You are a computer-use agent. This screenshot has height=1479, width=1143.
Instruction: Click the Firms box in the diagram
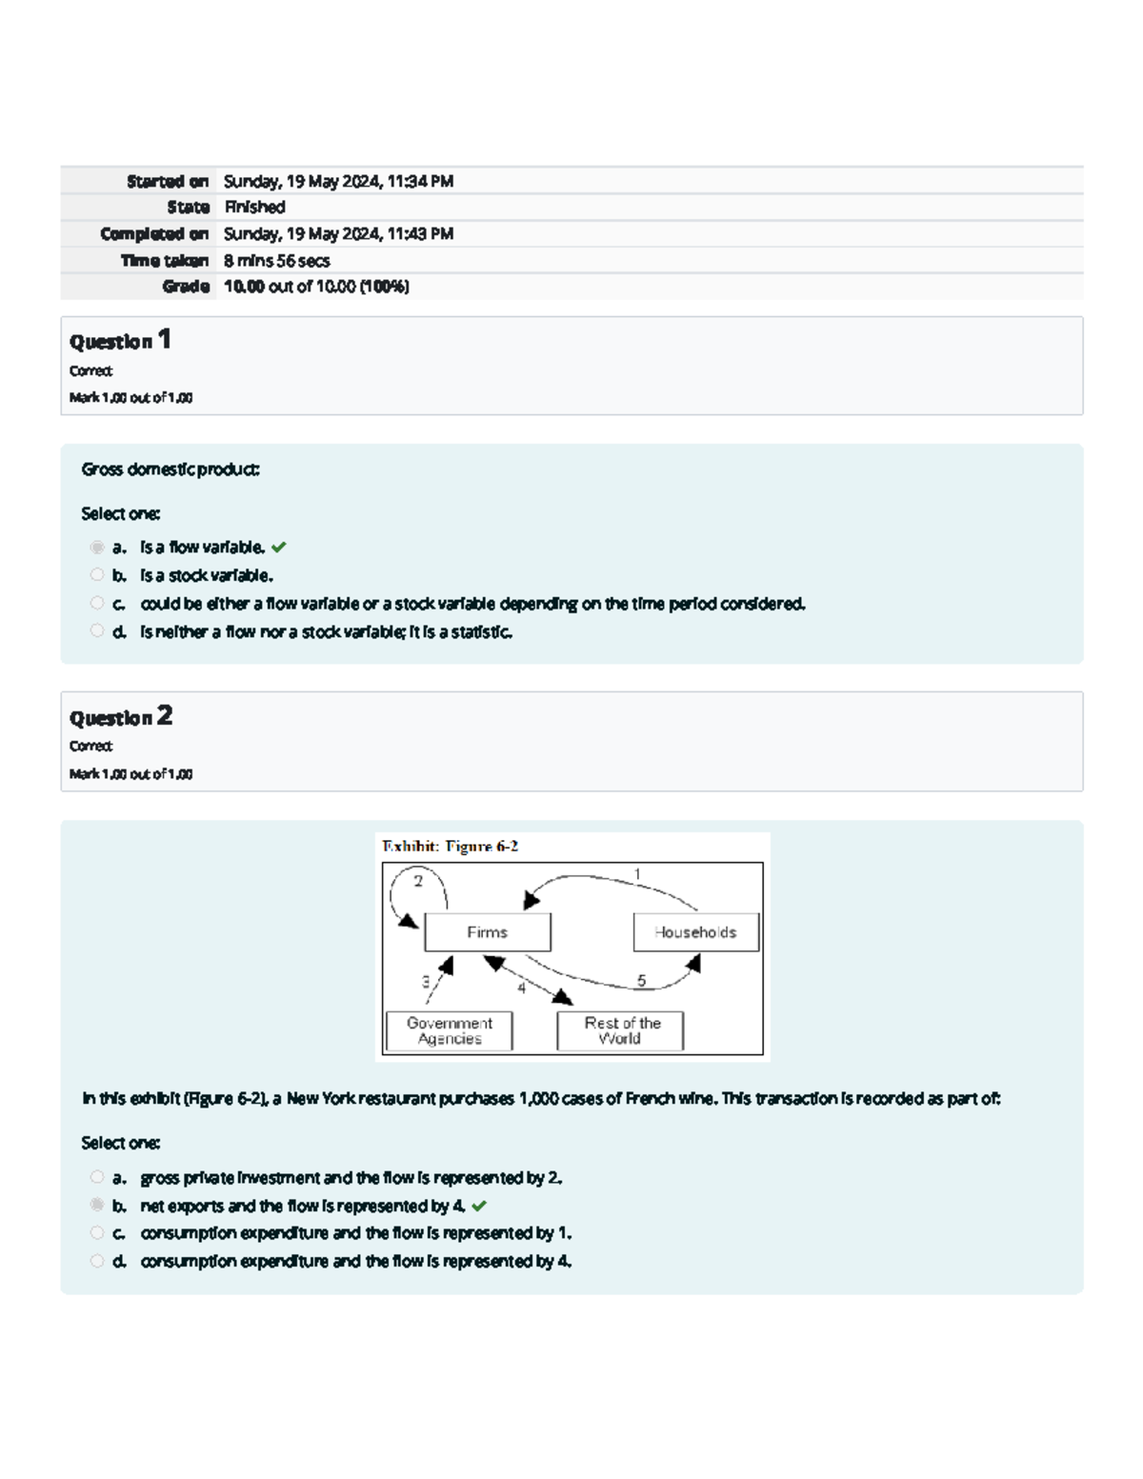pos(487,932)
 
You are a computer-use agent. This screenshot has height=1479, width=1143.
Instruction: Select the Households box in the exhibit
pos(695,932)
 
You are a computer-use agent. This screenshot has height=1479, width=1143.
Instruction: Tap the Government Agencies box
pos(450,1030)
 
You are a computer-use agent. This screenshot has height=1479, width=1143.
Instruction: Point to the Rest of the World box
pos(621,1030)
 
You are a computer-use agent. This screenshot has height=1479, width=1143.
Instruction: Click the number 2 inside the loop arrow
pos(417,881)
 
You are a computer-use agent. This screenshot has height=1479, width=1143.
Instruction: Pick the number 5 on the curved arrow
pos(641,980)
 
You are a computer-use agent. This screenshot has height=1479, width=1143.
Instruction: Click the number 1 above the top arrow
pos(637,874)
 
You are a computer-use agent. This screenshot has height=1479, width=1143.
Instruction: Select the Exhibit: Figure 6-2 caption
pos(450,846)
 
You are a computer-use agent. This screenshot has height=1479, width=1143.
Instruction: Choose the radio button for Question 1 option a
pos(97,547)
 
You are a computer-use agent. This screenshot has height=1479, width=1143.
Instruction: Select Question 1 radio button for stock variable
pos(97,574)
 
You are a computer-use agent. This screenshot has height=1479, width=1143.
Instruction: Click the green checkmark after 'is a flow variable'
pos(278,548)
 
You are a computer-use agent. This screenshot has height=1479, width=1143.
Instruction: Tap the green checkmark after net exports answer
pos(479,1206)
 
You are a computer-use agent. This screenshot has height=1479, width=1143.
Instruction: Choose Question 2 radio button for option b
pos(97,1205)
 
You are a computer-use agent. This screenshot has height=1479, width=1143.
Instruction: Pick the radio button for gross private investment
pos(97,1177)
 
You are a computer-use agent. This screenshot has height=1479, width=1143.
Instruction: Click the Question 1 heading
pos(120,340)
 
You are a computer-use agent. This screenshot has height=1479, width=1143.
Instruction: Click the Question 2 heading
pos(120,716)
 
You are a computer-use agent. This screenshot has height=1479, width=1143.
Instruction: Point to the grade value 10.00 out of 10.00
pos(316,287)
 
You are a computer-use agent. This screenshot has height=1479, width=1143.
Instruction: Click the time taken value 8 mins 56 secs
pos(276,260)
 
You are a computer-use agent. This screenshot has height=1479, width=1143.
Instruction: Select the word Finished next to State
pos(254,207)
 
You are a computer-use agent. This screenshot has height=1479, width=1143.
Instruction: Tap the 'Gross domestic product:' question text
pos(170,470)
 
